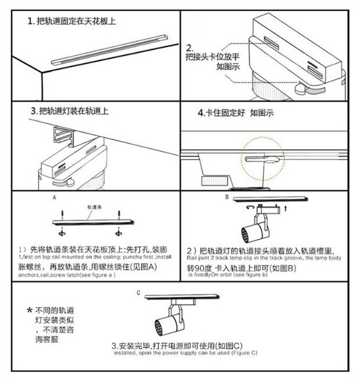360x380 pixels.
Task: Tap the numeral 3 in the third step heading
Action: pos(34,110)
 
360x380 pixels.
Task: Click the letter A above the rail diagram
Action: pos(54,198)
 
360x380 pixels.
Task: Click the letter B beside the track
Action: pos(227,198)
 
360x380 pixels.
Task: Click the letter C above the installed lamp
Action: pos(139,293)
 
